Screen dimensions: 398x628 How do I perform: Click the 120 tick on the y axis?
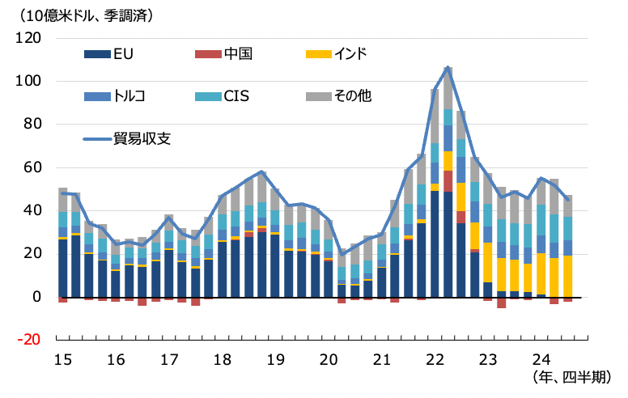click(29, 38)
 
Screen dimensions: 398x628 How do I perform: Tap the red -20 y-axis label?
click(29, 340)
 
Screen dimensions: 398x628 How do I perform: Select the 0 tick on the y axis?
click(36, 297)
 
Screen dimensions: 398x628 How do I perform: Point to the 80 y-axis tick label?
click(32, 125)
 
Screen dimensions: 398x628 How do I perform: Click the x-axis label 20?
click(329, 358)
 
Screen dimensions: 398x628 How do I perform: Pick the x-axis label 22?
click(435, 358)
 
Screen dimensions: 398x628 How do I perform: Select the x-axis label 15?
click(62, 358)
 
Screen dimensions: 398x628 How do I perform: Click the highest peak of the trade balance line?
click(448, 67)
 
